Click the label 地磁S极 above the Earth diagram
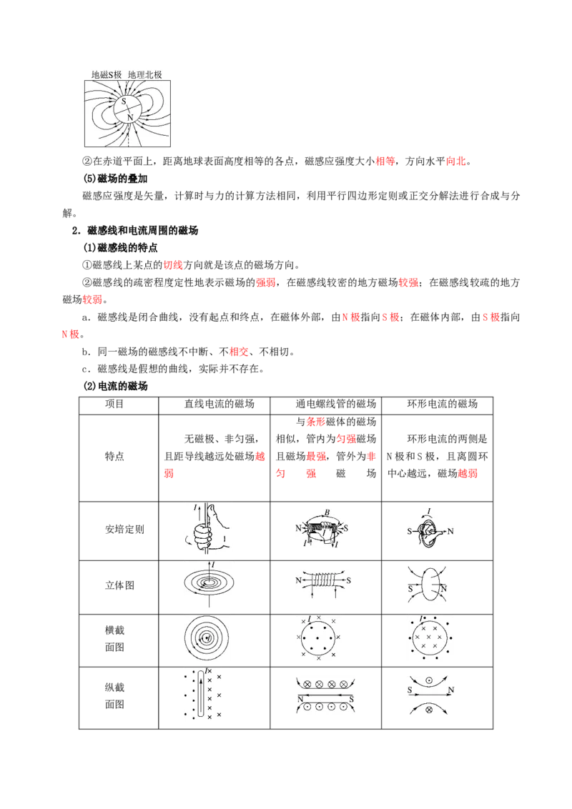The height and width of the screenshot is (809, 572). [107, 74]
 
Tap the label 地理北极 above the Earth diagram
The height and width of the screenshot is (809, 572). [144, 74]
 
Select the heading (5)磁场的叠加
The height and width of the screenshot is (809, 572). [115, 179]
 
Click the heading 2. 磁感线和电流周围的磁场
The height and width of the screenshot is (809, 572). [135, 230]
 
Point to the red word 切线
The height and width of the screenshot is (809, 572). [173, 264]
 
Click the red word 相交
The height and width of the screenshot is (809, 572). [239, 352]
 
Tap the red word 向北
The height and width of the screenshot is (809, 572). [456, 161]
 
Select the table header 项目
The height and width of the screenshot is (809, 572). [114, 404]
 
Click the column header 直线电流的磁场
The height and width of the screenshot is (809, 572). [220, 404]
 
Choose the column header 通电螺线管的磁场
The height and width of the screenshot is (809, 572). [335, 404]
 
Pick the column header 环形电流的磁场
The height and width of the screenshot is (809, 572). [443, 404]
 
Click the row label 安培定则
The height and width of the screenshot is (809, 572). [124, 530]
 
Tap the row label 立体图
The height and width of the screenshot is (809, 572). [119, 585]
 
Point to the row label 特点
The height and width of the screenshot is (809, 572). [114, 456]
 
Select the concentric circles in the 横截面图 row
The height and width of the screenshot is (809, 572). [207, 639]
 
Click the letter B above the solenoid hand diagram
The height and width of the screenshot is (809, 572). [327, 512]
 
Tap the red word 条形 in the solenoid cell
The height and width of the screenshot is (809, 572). [316, 422]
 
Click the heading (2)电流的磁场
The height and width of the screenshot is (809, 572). [115, 386]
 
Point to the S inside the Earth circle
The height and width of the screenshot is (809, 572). [124, 101]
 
